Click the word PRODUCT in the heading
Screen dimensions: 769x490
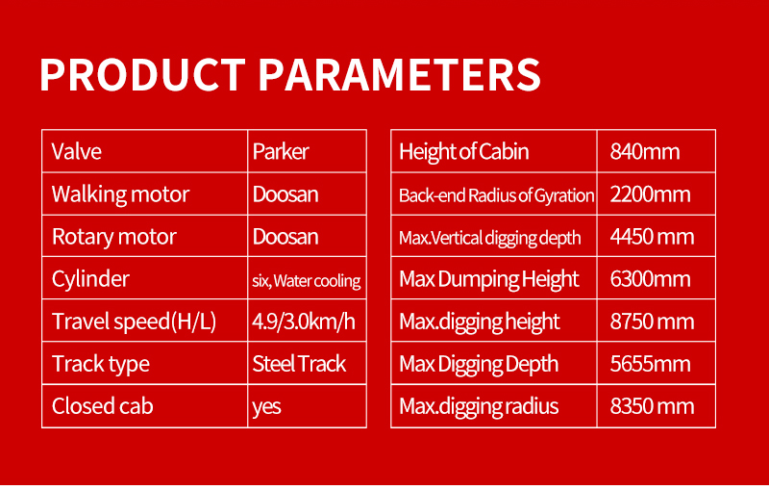coord(142,75)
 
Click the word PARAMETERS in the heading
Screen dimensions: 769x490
coord(399,75)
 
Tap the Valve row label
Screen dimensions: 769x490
coord(77,151)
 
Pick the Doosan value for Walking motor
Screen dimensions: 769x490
coord(285,193)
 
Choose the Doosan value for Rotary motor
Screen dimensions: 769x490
coord(285,237)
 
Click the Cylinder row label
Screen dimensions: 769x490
coord(90,279)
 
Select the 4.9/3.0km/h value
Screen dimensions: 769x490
coord(304,322)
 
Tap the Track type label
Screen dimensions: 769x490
coord(101,364)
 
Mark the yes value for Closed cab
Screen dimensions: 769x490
coord(267,407)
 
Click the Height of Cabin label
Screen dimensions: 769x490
coord(464,152)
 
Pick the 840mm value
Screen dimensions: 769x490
coord(645,152)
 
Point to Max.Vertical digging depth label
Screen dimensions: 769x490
coord(490,238)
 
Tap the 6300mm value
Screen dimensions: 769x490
coord(651,279)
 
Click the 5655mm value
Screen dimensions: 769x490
coord(651,364)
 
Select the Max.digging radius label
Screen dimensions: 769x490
coord(479,407)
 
